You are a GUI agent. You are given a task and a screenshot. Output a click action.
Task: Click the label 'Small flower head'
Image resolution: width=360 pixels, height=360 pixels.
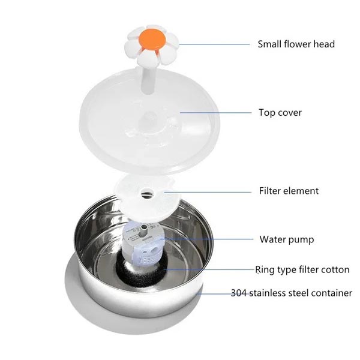pos(296,44)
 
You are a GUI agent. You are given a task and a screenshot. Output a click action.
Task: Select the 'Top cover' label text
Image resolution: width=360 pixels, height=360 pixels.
pos(280,113)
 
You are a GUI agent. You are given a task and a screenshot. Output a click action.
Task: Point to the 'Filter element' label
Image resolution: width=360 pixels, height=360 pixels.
pos(289,191)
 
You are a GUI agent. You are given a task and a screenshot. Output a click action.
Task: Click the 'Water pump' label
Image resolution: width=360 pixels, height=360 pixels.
pos(287,239)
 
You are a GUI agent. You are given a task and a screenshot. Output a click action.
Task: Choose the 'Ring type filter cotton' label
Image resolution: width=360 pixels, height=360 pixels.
pos(302,270)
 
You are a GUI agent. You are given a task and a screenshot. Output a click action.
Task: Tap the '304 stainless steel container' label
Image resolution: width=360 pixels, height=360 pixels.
pos(292,293)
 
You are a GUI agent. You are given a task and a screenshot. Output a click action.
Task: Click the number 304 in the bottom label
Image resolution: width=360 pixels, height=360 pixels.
pos(239,293)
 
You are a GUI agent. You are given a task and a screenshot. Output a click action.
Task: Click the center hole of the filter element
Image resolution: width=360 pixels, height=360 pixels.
pos(147,193)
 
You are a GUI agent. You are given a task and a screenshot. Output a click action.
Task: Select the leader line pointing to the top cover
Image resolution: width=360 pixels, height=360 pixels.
pos(216,113)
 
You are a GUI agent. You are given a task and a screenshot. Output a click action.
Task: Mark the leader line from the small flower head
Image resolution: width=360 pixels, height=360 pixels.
pos(214,44)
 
